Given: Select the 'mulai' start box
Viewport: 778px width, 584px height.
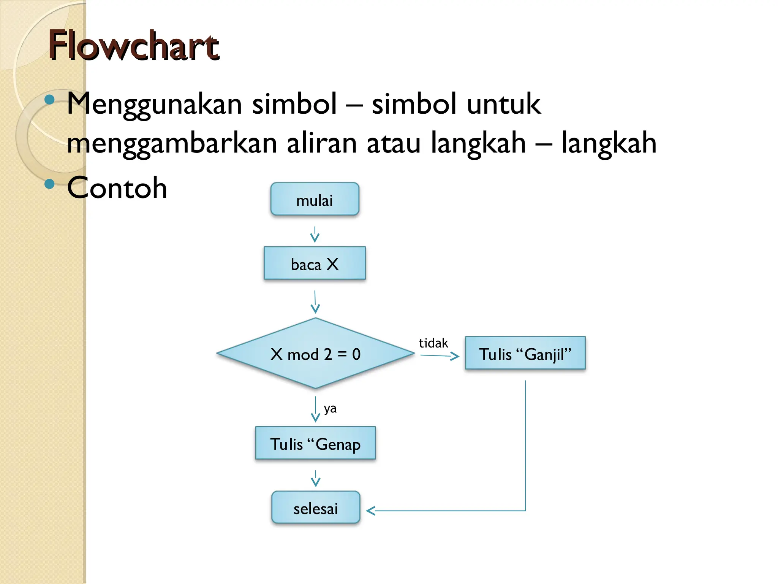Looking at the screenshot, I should (315, 199).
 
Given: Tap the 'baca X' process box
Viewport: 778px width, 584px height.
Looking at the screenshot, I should (315, 263).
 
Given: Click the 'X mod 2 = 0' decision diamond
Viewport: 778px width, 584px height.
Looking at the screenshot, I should (315, 354).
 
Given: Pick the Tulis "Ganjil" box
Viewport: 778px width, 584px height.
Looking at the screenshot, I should (525, 353).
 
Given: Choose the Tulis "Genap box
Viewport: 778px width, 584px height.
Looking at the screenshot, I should (315, 443).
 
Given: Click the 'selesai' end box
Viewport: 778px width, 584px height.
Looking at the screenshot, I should (315, 508).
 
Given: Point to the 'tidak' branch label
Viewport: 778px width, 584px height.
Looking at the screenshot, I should (433, 343).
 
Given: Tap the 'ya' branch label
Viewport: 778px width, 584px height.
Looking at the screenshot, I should (330, 408).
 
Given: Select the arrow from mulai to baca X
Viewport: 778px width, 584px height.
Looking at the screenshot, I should (315, 235).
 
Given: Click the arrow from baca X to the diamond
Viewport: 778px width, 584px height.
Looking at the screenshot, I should (315, 302).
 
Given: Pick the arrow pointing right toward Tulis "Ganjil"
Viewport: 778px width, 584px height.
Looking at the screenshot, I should (440, 356).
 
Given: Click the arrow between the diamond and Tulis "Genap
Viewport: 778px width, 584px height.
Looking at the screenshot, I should (316, 409).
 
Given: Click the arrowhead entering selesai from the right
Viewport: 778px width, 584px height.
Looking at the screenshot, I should (371, 511).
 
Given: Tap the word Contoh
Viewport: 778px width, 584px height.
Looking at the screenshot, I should (117, 188).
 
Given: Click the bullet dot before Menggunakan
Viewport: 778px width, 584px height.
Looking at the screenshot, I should (49, 100).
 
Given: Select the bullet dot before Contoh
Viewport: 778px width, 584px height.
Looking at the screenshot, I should (49, 184).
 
